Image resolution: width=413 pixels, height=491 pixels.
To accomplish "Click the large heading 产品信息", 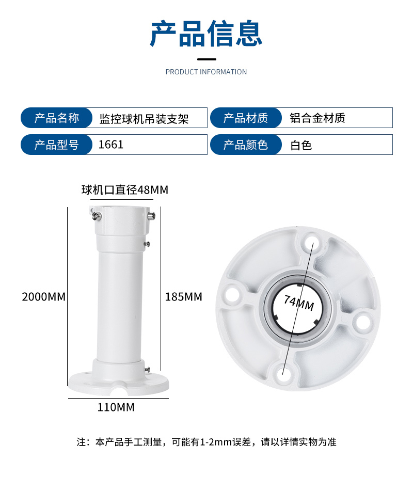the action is click(206, 34).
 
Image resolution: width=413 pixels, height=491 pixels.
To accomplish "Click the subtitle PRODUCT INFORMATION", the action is click(206, 72).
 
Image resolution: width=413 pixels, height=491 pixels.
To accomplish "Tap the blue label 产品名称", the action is click(57, 118).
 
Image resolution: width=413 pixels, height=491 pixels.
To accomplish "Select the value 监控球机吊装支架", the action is click(144, 119).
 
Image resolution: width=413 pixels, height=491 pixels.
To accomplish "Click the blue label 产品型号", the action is click(57, 145).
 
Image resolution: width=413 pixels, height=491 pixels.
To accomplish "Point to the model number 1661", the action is click(111, 145).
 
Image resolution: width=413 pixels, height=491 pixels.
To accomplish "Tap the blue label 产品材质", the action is click(246, 118).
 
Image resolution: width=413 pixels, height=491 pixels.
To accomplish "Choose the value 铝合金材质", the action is click(317, 118).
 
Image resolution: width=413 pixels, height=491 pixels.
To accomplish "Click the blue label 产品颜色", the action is click(246, 145).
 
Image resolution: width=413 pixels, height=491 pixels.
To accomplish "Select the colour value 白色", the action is click(301, 145).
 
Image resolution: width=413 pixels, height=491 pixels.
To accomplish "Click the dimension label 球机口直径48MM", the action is click(125, 190).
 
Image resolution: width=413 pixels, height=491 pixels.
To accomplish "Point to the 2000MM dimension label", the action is click(44, 297).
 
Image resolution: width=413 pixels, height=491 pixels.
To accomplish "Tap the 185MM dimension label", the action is click(184, 297).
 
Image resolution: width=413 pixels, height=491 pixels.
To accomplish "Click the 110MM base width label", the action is click(116, 407).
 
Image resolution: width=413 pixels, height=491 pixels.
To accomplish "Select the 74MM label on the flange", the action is click(299, 303).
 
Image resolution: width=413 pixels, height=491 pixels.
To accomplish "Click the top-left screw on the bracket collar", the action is click(97, 216).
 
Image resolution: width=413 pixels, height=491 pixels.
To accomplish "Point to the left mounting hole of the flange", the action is click(233, 295).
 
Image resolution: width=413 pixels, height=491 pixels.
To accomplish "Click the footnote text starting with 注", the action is click(206, 442).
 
